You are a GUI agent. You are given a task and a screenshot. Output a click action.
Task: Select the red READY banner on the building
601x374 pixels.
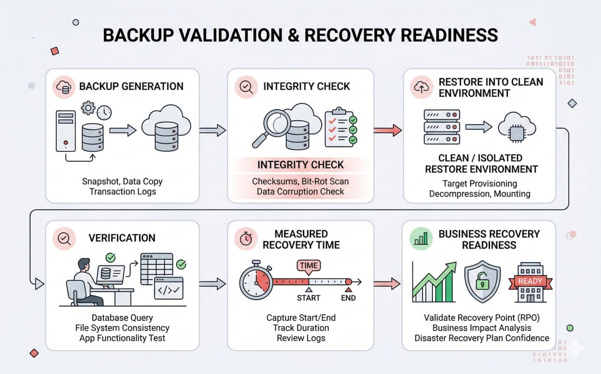[530, 281]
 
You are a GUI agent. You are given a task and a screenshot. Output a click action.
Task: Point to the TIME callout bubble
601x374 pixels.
[308, 266]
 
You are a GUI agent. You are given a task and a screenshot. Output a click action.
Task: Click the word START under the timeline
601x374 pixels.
[308, 298]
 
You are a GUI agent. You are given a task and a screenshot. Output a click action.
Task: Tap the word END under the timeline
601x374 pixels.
[348, 298]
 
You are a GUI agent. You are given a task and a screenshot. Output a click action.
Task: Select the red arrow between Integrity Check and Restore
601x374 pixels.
[388, 130]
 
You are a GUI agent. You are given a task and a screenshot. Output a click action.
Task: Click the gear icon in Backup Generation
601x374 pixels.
[88, 108]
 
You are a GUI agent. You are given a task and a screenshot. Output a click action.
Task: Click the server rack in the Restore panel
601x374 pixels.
[441, 127]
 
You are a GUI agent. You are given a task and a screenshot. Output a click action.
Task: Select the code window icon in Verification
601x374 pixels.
[169, 289]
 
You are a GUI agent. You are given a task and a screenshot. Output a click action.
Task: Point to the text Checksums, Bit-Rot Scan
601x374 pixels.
[300, 181]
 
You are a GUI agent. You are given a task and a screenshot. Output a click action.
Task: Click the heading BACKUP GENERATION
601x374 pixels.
[131, 86]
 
